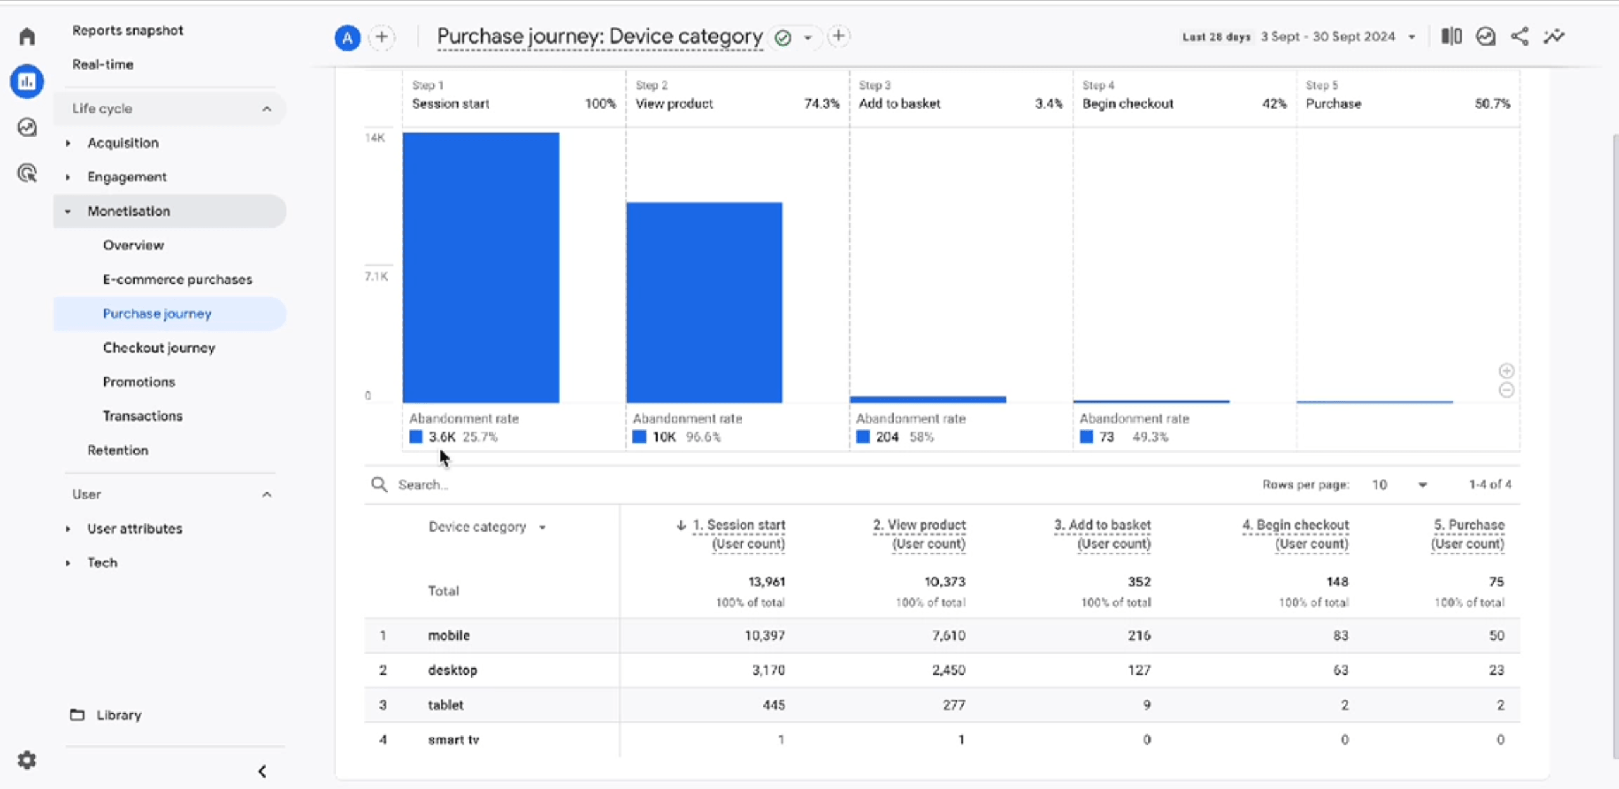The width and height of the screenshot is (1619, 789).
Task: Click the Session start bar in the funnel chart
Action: [481, 267]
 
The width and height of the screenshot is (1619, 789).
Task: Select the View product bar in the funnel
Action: [704, 302]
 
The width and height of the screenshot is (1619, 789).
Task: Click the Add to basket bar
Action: [928, 400]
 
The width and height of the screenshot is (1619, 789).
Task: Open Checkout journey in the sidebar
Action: [159, 348]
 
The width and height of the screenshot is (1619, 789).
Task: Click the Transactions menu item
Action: [142, 416]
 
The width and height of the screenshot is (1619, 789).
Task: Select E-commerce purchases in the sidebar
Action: [177, 279]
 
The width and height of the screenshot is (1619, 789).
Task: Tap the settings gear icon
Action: [27, 760]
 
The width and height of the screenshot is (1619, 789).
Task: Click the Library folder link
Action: [118, 715]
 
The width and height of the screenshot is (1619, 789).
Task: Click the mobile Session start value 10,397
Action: [764, 635]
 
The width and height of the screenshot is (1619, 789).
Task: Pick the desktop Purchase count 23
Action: [1496, 670]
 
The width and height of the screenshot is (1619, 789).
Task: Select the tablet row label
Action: [445, 705]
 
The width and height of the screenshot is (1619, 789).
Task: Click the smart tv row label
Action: [453, 740]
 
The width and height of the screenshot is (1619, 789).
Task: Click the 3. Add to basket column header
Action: [1102, 534]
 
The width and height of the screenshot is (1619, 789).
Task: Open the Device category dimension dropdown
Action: [487, 527]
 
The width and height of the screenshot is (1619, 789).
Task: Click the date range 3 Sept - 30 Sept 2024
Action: [1328, 37]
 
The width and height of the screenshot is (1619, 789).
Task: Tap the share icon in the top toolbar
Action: [1519, 37]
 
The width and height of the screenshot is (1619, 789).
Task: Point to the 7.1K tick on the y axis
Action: [376, 276]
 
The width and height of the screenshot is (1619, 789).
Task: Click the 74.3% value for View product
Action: [822, 104]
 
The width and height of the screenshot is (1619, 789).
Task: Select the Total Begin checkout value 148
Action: [1337, 582]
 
